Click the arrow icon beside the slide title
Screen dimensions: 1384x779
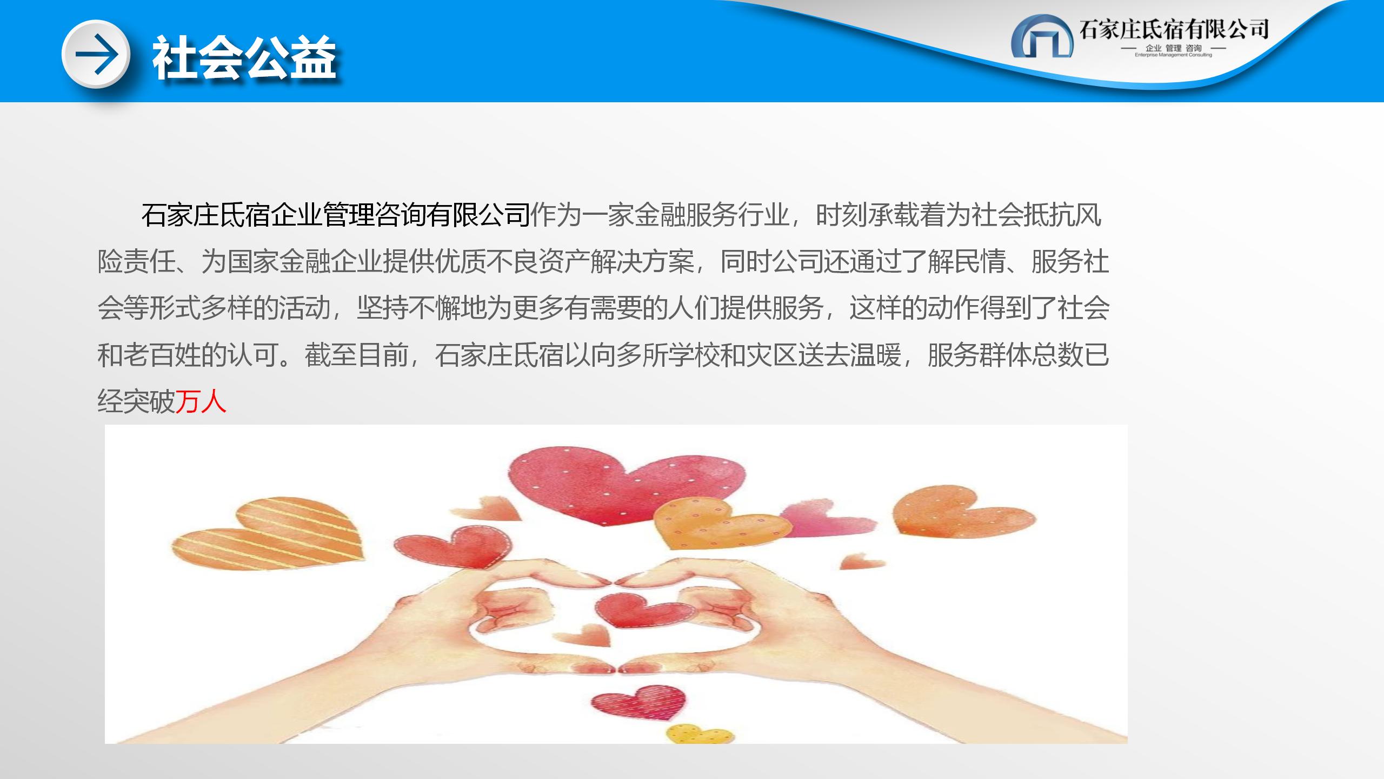coord(96,54)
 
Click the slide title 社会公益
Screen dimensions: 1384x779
coord(244,58)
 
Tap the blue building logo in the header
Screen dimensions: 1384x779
coord(1042,36)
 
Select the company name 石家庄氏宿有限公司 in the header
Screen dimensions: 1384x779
coord(1174,29)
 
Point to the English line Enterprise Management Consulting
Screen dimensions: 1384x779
coord(1173,55)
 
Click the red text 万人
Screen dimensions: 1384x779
coord(201,402)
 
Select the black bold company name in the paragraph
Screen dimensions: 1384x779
coord(336,215)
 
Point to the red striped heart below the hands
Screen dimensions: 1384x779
coord(638,702)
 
